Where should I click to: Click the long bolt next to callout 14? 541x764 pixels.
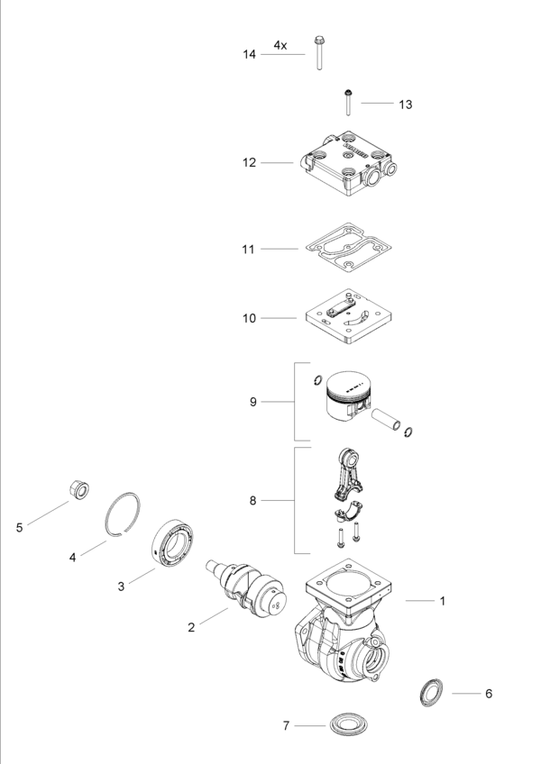pos(319,52)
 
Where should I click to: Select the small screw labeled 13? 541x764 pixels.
pos(348,103)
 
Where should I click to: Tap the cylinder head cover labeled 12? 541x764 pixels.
pos(347,163)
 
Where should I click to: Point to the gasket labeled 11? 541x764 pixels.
pos(348,248)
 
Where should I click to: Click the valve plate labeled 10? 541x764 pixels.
pos(348,317)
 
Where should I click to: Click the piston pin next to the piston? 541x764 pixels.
pos(386,420)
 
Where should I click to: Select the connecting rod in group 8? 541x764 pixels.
pos(348,473)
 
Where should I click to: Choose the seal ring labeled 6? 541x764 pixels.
pos(432,692)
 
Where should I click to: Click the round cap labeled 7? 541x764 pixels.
pos(347,724)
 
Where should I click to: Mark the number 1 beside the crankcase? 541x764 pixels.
pos(443,601)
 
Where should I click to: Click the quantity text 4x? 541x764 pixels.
pos(280,45)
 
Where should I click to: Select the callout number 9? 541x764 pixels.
pos(252,402)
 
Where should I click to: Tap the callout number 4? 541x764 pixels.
pos(73,558)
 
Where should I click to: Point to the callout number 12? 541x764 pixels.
pos(249,163)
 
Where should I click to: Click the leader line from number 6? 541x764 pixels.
pos(466,694)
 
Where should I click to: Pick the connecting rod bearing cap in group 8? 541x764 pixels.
pos(347,513)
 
